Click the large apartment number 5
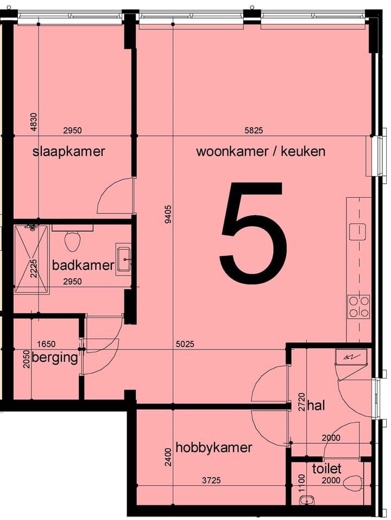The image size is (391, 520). coord(254,233)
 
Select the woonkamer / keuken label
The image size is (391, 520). coord(261,151)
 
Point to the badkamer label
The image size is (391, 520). coord(83,265)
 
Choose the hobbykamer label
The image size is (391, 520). coord(214,448)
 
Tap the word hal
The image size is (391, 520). coord(316,405)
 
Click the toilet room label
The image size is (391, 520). coord(326,468)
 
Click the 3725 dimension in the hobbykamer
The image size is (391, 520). coord(212,480)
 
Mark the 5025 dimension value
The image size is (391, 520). coord(185,344)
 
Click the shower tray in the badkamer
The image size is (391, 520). coord(31,259)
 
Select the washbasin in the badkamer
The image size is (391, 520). coord(123,260)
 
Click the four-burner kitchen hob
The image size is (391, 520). coord(358,306)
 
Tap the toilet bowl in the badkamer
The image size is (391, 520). coord(73,240)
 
